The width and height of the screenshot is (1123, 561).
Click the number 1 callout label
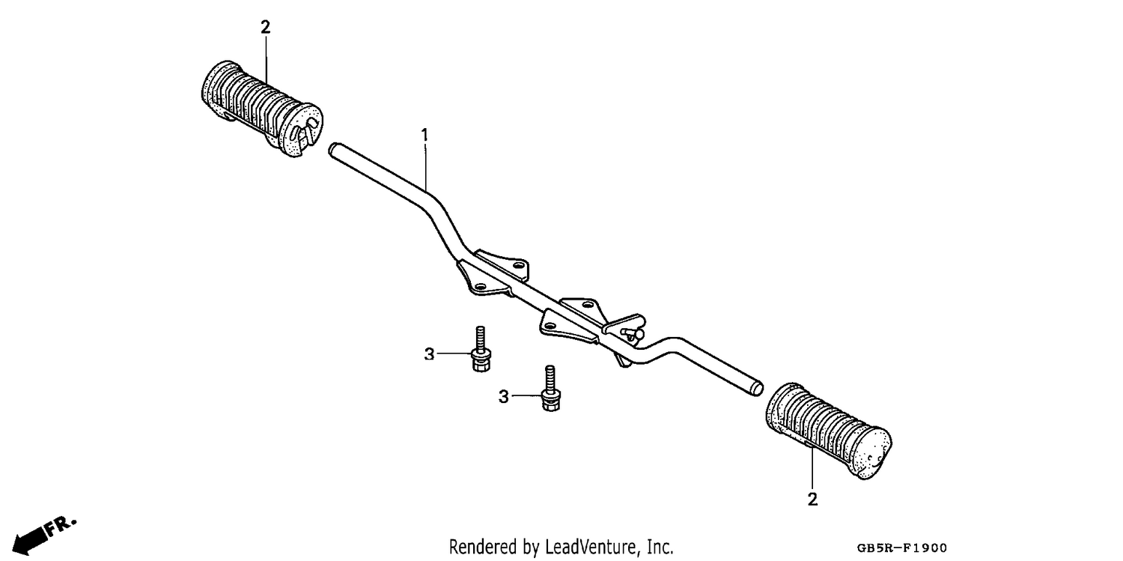424,136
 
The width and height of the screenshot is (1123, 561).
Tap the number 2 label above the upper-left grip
265,27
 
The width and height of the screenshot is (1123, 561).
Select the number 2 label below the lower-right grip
812,499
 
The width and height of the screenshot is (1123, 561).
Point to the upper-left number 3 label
429,354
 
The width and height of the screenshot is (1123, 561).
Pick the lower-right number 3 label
503,397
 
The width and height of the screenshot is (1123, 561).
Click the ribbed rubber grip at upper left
262,109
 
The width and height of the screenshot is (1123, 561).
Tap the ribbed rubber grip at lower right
829,431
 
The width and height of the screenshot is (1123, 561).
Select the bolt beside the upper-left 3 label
481,349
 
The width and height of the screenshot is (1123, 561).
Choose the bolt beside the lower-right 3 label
550,389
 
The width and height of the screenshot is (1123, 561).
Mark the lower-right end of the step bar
758,389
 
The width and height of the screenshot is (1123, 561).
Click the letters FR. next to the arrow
61,525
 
